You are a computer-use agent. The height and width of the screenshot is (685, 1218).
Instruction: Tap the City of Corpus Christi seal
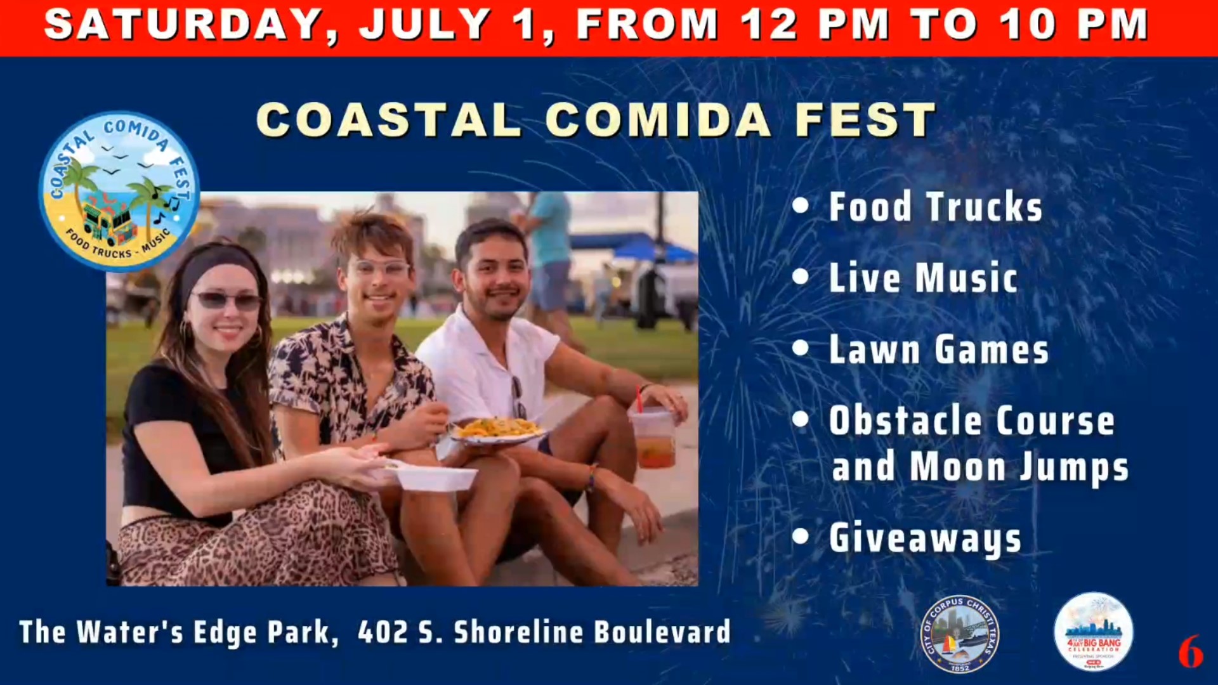(x=959, y=634)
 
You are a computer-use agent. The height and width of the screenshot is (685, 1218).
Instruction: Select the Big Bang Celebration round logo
(x=1093, y=632)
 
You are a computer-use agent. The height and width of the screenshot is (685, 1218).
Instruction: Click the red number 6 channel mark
(x=1190, y=651)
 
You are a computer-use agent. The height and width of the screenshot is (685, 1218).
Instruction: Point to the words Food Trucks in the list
(x=935, y=207)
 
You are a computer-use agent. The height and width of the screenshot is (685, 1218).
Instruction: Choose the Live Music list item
(x=923, y=278)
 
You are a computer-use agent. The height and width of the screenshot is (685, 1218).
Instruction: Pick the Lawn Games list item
(x=938, y=350)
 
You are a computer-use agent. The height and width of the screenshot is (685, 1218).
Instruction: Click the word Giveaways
(x=925, y=538)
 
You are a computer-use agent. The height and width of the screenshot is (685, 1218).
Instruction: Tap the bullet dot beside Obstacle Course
(x=801, y=420)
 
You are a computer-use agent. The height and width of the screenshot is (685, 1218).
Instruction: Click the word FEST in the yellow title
(x=865, y=120)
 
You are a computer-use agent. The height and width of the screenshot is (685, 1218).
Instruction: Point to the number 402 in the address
(x=382, y=632)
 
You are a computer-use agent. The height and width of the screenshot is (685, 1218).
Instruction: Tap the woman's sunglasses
(x=227, y=299)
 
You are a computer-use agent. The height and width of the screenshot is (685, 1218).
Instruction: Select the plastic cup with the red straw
(x=654, y=438)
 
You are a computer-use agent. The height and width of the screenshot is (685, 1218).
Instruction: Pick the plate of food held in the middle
(x=498, y=431)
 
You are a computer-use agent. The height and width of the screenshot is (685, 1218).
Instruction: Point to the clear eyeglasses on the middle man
(x=381, y=268)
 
